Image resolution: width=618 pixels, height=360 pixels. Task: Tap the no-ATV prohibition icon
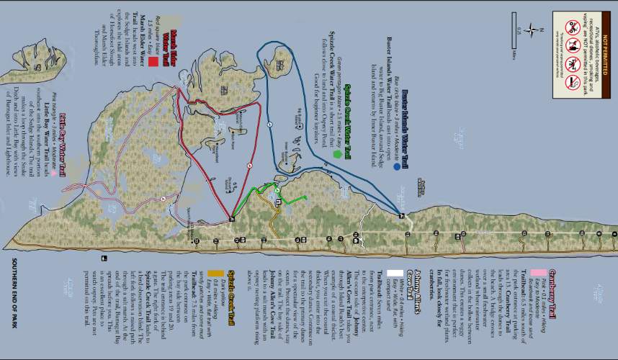tap(573, 27)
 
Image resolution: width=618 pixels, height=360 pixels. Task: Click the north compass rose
tap(532, 30)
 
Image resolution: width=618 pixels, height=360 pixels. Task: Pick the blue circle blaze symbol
tap(397, 166)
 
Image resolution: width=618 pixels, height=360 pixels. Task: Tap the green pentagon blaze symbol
tap(336, 153)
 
